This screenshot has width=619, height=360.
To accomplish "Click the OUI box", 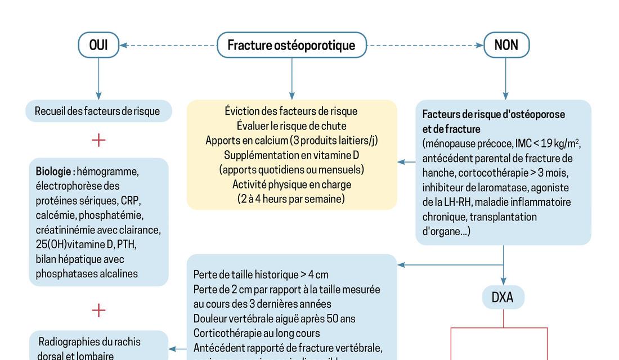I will click(98, 45).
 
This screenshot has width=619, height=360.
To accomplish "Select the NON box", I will click(506, 45).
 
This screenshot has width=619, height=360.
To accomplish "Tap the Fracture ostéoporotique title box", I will click(291, 45).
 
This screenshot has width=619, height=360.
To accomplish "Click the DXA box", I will click(503, 297).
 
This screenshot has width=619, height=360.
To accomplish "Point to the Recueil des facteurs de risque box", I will click(97, 111).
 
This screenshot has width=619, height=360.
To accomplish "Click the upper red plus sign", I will click(98, 140).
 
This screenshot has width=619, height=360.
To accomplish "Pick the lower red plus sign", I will click(98, 310).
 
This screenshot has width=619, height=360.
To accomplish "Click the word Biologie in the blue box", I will click(55, 170).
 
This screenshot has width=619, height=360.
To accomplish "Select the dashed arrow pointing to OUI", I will click(169, 45).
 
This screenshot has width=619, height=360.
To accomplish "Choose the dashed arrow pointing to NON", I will click(425, 45).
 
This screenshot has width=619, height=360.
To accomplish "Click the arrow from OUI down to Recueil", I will click(98, 79).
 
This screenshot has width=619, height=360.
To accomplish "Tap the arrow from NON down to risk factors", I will click(505, 79).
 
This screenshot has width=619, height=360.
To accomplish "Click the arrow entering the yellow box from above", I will click(291, 79).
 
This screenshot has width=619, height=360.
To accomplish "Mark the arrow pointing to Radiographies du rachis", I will click(178, 349).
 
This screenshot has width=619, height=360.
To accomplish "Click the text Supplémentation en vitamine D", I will click(291, 155).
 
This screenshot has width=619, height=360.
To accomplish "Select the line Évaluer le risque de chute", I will click(291, 125).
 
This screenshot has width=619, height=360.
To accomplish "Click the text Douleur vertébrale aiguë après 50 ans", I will click(274, 318).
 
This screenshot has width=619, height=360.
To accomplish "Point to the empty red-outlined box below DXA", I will click(499, 344).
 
